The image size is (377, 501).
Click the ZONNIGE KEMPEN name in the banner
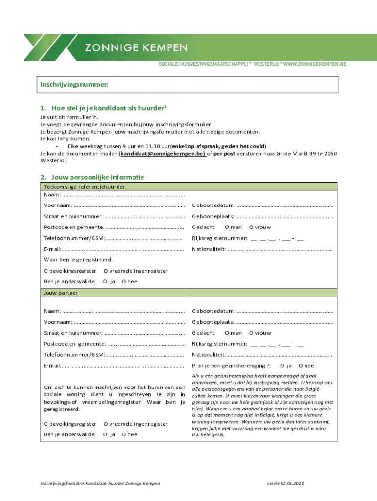(136, 47)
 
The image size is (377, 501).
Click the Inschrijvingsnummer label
(74, 85)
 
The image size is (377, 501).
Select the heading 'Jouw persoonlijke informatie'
(92, 177)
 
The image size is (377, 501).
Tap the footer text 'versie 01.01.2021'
(285, 484)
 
